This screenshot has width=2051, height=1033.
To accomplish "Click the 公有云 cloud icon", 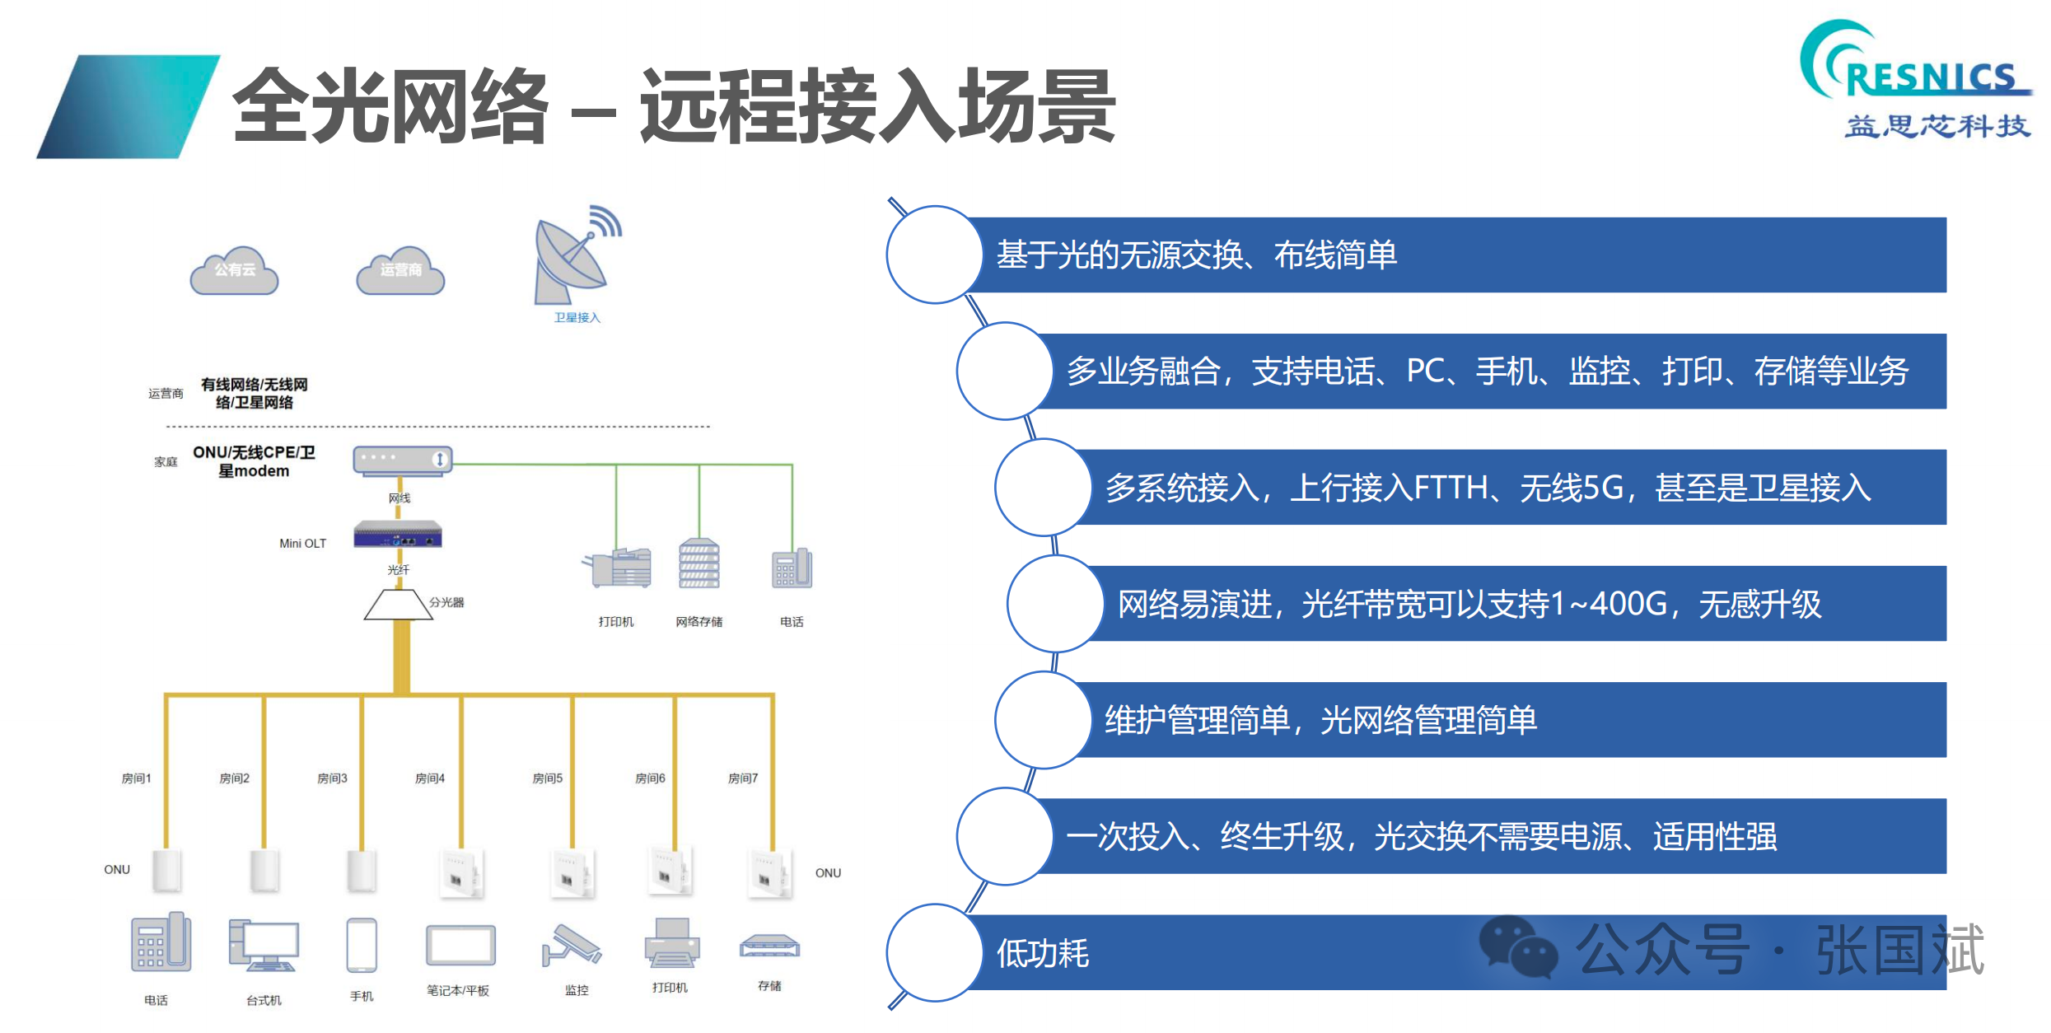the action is tap(235, 270).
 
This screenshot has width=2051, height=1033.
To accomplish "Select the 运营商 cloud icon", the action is tap(400, 270).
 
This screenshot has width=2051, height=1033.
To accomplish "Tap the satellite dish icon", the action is tap(577, 255).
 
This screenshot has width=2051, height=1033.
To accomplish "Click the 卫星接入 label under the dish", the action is tap(577, 318).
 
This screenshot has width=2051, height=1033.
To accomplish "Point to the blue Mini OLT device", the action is tap(398, 535).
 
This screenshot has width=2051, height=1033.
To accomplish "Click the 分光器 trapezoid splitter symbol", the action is tap(399, 605).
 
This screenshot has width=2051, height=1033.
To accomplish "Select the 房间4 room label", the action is tap(430, 778).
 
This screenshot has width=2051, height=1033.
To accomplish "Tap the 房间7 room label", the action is tap(743, 778).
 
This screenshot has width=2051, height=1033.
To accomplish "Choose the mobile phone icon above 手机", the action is tap(362, 946).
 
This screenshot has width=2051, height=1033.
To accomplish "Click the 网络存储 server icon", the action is tap(699, 563).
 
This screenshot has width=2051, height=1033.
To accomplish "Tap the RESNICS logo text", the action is tap(1931, 79).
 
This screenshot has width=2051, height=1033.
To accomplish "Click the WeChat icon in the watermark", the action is tap(1519, 947).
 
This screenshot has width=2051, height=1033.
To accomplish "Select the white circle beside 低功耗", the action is tap(935, 953).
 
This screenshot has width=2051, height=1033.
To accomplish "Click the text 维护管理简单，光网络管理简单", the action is tap(1320, 720).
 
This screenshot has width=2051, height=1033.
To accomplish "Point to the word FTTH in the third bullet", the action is tap(1451, 488).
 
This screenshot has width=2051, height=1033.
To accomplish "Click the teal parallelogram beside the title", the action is tap(128, 106).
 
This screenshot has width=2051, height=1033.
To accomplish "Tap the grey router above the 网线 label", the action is tap(403, 459).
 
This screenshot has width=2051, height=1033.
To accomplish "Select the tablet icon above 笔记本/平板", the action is tap(460, 946).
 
